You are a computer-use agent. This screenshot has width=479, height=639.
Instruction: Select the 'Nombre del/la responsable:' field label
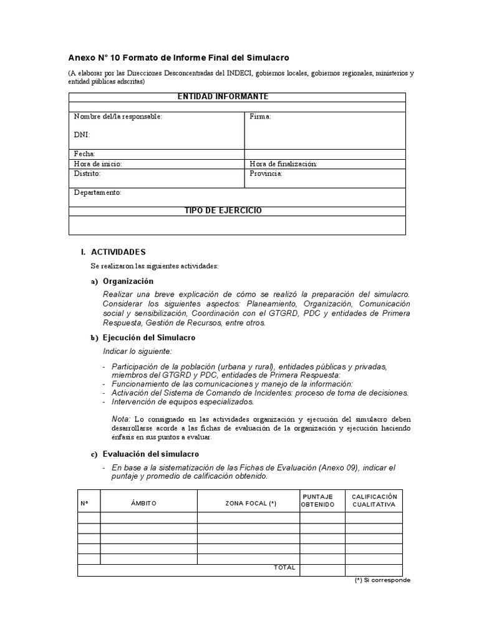click(x=118, y=117)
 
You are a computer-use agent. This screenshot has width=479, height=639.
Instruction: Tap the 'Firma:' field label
click(x=260, y=117)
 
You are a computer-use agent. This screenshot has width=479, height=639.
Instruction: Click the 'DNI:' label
click(x=82, y=134)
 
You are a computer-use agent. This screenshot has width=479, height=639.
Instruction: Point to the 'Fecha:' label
click(x=84, y=154)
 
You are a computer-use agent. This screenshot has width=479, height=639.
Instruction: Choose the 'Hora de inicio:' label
click(x=97, y=163)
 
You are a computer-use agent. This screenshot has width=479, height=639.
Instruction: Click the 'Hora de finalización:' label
click(x=283, y=163)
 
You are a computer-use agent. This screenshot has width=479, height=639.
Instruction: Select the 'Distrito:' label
click(x=87, y=173)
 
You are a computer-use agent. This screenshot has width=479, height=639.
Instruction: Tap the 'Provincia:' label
click(x=266, y=173)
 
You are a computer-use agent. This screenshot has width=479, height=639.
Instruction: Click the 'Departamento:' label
click(x=97, y=193)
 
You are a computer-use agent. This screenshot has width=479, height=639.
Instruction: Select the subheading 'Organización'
click(x=128, y=281)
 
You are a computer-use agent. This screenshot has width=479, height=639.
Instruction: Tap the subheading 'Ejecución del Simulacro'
click(x=149, y=338)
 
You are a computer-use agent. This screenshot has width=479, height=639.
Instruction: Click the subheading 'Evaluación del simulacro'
click(x=151, y=454)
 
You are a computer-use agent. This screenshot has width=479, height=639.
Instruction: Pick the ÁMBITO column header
click(x=143, y=503)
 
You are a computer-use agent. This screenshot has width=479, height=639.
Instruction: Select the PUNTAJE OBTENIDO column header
click(x=318, y=500)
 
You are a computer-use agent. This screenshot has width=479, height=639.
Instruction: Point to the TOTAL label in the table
click(x=284, y=567)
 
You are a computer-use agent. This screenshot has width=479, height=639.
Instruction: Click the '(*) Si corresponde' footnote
click(x=382, y=580)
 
